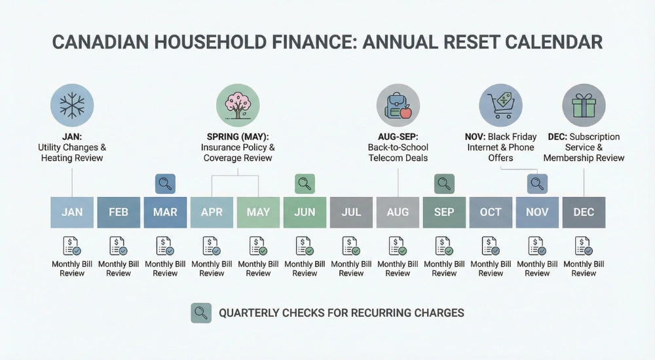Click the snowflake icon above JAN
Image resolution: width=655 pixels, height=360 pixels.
pos(72,105)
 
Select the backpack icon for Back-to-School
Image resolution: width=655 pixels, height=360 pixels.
pos(398,105)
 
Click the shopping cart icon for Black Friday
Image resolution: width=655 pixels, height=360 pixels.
pos(500,105)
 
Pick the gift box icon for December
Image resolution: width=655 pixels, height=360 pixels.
pos(584,105)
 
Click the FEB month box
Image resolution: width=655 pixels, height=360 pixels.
pos(119,212)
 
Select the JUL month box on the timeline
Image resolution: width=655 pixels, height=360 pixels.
pos(351,212)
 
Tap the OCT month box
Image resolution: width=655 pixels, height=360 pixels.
pos(491,212)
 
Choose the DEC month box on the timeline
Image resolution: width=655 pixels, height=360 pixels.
pos(584,212)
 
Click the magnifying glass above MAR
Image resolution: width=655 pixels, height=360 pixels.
pos(165,184)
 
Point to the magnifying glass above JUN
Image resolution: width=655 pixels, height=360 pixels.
pos(305,184)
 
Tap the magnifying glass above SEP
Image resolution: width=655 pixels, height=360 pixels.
pos(444,184)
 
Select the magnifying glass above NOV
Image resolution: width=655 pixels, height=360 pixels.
pos(537,184)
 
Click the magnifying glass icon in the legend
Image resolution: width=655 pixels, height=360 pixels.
pos(201,313)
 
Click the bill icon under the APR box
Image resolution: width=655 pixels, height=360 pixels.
pos(212,246)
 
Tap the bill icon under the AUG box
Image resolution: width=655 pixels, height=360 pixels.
pos(398,246)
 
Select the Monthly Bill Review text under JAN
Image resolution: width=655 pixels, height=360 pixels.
pos(72,268)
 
